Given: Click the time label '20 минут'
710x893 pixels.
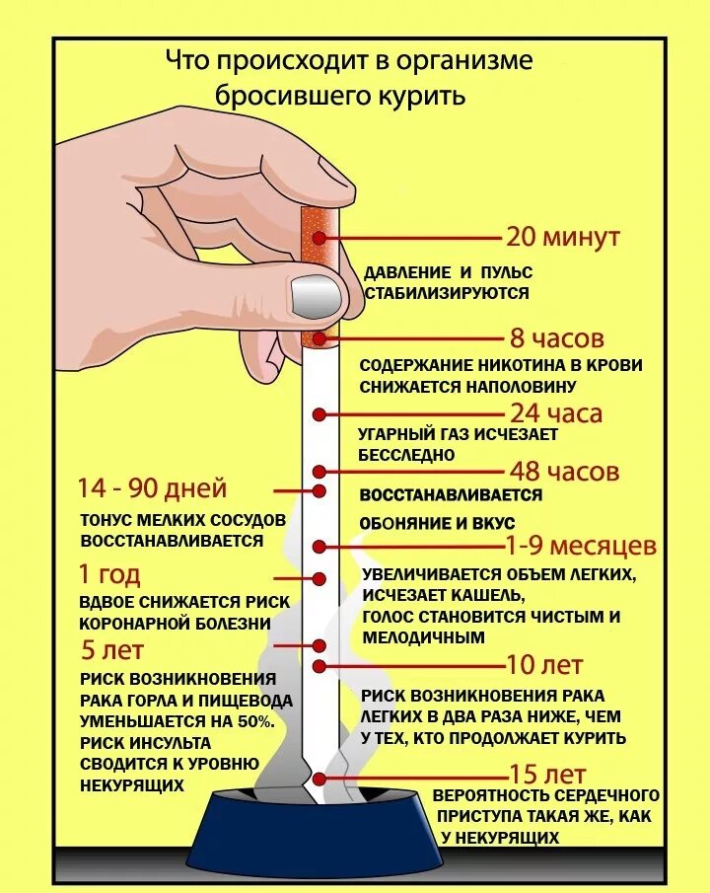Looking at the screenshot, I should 562,238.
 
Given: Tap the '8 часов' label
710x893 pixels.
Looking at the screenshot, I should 556,338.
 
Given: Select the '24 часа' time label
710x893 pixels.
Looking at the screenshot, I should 556,412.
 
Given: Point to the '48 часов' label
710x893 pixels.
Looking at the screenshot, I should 564,471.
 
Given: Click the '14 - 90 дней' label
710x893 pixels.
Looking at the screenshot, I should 153,488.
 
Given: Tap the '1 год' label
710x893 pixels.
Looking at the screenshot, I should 108,574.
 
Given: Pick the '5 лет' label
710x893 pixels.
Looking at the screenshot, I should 111,650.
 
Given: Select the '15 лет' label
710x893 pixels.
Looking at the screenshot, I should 547,773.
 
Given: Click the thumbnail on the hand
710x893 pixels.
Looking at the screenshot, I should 314,293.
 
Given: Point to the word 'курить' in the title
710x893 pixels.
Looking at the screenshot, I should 423,97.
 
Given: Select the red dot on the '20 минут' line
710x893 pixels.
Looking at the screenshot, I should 319,237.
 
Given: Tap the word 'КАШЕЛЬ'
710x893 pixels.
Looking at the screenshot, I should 484,595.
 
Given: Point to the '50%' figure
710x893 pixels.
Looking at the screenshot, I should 254,722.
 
